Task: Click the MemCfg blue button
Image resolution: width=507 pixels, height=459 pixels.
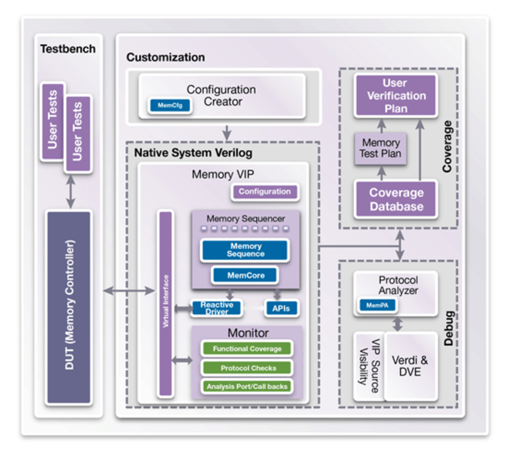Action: point(169,106)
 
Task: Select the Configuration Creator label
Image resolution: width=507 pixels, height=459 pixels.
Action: point(221,95)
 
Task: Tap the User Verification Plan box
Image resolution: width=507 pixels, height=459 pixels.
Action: point(396,95)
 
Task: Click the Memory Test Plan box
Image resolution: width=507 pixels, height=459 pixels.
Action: point(381,148)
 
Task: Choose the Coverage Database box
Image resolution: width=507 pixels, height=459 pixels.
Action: point(396,200)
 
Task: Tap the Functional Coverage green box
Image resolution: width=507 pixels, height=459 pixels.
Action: point(248,349)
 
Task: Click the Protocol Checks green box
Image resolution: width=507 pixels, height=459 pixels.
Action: point(248,368)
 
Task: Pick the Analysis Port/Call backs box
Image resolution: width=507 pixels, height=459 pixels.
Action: point(248,386)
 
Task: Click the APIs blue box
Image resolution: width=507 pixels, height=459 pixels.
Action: point(281,308)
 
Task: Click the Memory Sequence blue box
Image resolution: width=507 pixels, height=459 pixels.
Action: point(245,250)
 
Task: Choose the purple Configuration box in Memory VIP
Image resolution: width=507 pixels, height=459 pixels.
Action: point(264,192)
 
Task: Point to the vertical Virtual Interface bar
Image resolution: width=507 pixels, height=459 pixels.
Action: point(164,304)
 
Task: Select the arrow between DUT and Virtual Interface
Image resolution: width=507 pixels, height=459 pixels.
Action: point(129,290)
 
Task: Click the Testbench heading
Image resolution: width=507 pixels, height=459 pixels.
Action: point(67,49)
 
